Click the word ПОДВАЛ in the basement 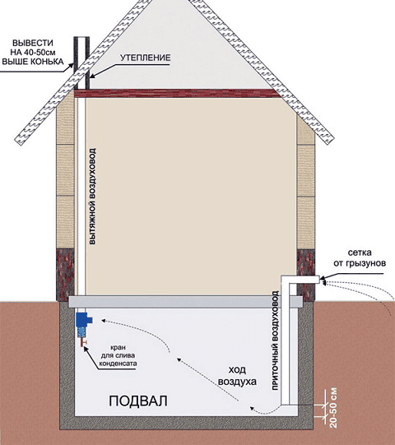tap(138, 401)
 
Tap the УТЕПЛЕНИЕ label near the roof tap(145, 58)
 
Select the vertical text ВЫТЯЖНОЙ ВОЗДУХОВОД tap(92, 196)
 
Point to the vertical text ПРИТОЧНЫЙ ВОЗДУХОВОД tap(275, 341)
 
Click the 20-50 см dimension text tap(334, 408)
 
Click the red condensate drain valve tap(83, 342)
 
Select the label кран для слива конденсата tap(118, 355)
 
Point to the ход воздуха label tap(237, 375)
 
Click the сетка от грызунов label tap(360, 257)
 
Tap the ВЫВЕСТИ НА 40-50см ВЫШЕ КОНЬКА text tap(33, 52)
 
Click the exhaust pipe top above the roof tap(81, 39)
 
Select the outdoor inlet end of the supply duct tap(319, 280)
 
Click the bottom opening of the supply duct tap(289, 404)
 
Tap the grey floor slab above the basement tap(186, 301)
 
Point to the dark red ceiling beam tap(177, 94)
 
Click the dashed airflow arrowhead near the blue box tap(105, 321)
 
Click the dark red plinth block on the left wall tap(65, 275)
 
